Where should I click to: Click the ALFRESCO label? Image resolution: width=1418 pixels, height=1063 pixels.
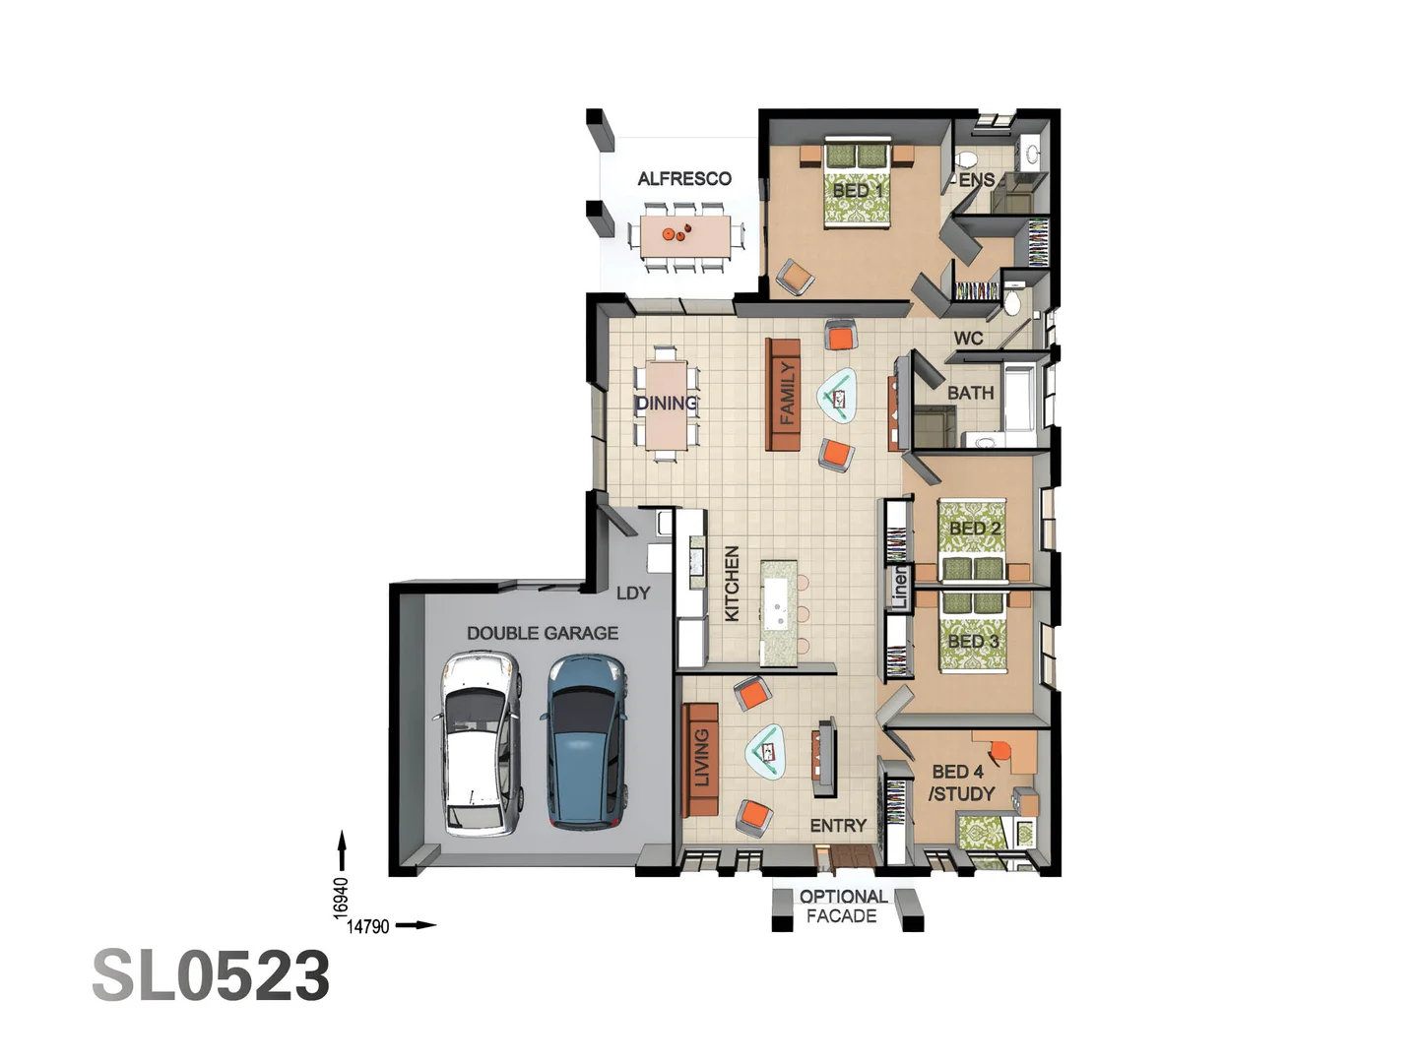(684, 178)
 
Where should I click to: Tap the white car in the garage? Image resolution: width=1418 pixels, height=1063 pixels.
(478, 744)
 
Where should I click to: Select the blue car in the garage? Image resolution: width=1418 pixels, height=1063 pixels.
(587, 742)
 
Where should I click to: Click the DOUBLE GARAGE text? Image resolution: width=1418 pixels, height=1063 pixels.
(543, 633)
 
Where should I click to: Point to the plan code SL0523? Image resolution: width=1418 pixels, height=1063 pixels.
(211, 976)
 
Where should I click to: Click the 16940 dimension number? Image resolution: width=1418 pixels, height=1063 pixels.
(341, 898)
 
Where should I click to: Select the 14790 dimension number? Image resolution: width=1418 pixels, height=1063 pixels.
(368, 926)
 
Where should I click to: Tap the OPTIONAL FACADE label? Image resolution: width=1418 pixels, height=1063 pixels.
(843, 907)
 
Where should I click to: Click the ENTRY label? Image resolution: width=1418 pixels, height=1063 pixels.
(838, 826)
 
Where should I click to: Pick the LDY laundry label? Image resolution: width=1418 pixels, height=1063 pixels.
(633, 593)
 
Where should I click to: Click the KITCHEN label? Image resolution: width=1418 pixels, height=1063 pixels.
(732, 584)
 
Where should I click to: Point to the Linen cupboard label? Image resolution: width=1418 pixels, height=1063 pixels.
(899, 588)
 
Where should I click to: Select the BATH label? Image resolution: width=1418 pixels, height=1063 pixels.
(970, 393)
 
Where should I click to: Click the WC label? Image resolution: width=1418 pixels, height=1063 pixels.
(968, 338)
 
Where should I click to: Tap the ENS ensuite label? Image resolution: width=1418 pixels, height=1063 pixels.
(976, 180)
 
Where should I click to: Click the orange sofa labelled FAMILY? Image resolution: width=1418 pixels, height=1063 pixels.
(784, 394)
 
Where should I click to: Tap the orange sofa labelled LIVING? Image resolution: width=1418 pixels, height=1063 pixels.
(700, 759)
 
